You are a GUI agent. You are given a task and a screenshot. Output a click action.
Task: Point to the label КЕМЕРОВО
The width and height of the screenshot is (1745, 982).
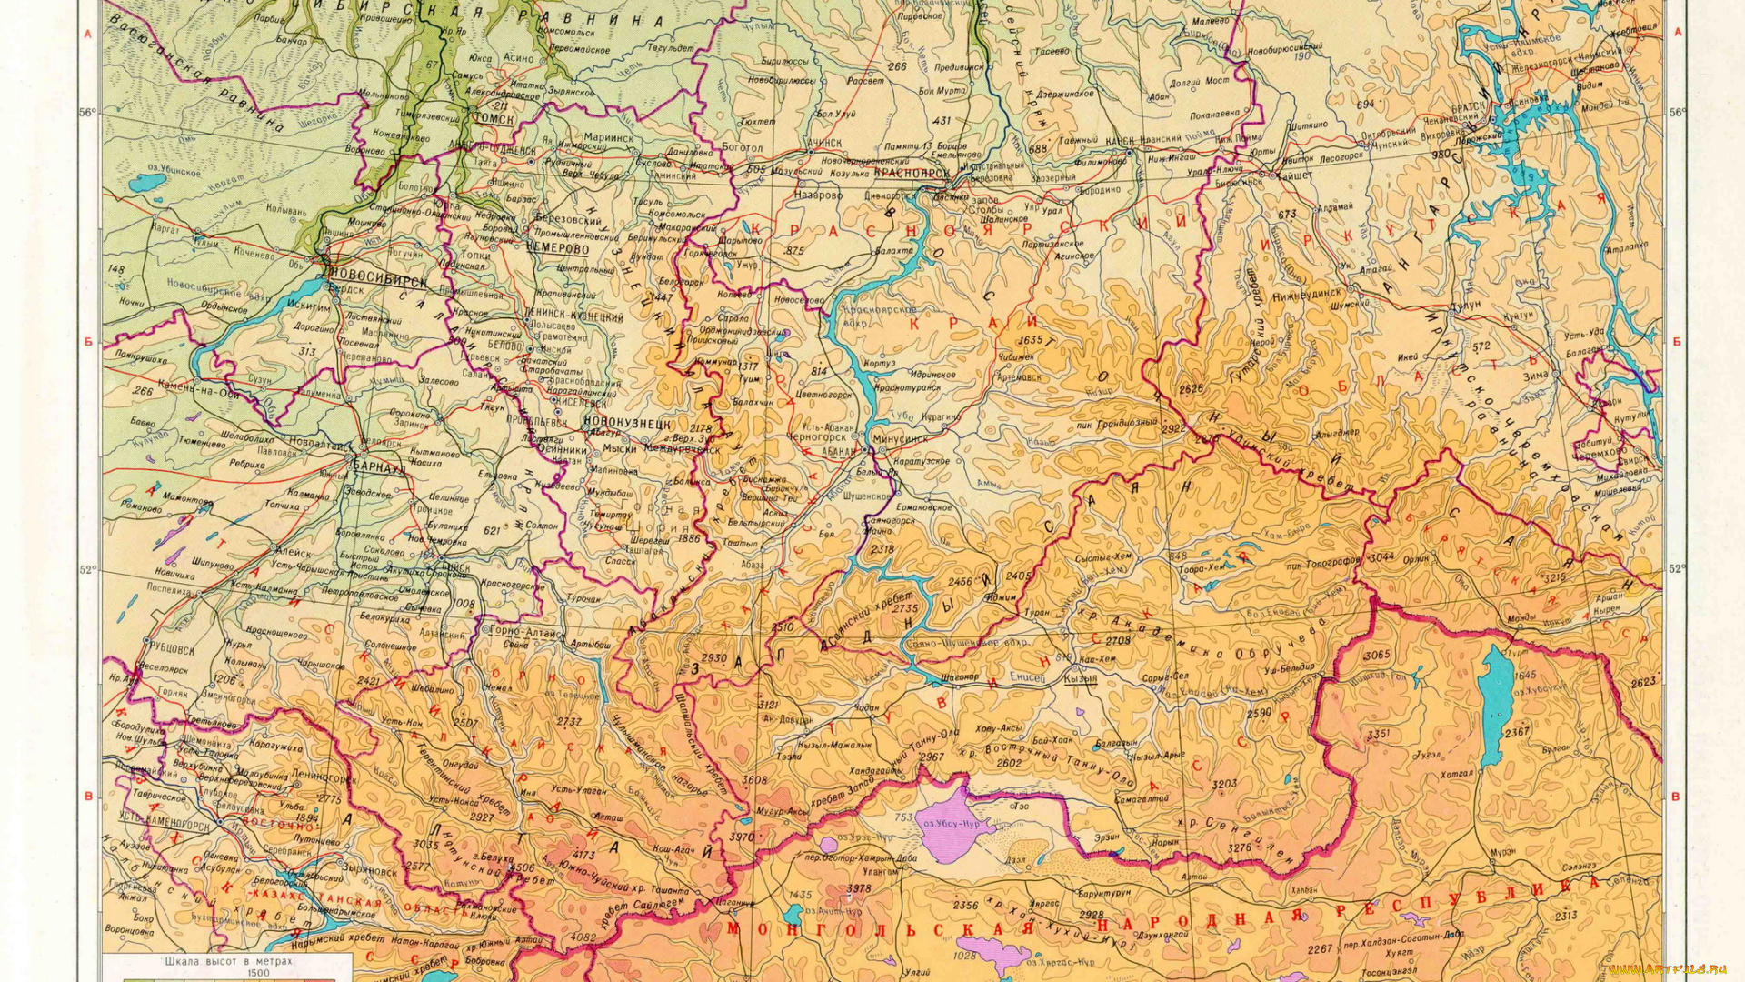click(557, 248)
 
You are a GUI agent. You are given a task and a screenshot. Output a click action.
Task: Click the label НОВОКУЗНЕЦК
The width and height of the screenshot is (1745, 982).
click(627, 424)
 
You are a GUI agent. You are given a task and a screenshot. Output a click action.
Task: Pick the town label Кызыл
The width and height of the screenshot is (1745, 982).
click(1080, 678)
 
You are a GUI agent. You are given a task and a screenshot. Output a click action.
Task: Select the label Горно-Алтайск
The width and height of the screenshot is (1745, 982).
click(527, 631)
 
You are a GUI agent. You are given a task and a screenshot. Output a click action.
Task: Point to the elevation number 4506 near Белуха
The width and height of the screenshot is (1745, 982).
click(522, 867)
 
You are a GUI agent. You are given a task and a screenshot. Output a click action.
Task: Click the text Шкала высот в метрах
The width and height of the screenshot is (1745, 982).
click(228, 960)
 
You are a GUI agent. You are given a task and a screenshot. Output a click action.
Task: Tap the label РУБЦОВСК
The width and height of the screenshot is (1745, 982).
click(172, 649)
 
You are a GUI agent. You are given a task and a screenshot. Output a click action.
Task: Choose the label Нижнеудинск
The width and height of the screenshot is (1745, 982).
click(1306, 295)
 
